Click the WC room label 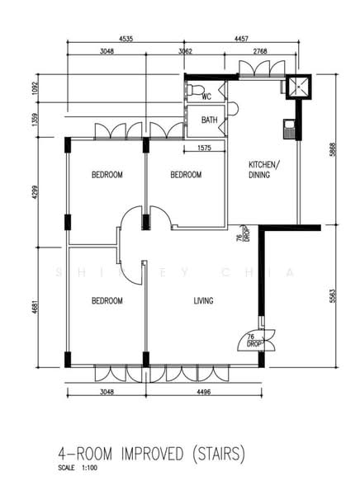206,97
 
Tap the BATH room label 210,120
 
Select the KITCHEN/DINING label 264,170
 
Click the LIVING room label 204,301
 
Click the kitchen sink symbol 289,129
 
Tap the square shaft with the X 299,87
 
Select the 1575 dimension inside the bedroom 205,148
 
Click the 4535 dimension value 126,39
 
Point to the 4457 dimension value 241,39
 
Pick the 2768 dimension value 260,51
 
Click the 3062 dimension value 185,51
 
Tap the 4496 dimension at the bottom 204,392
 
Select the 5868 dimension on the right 333,150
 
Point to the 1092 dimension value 35,89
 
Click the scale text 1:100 89,468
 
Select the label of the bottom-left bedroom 107,301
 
